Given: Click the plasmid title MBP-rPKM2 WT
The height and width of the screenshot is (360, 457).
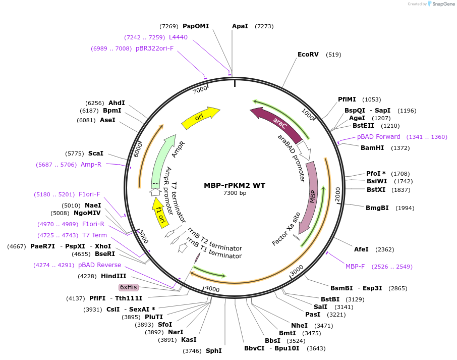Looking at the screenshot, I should point(235,185).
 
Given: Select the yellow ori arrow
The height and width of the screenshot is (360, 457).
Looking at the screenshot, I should point(200,117).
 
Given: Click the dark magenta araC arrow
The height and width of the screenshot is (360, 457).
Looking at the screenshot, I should point(279,122).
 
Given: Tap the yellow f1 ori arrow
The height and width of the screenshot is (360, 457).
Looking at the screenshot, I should point(160,212).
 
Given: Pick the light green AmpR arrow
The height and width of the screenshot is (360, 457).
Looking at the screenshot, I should point(163,161).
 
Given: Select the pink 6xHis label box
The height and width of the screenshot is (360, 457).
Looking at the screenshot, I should point(128,287).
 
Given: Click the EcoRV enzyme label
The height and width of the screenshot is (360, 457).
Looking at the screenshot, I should point(308,55).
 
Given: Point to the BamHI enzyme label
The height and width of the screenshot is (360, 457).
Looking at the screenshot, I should point(372,148).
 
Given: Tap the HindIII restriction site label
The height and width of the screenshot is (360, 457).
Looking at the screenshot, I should point(113,276).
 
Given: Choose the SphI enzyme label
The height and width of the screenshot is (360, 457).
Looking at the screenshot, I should point(213,350).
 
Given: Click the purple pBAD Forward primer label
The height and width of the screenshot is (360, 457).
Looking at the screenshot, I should point(378,137).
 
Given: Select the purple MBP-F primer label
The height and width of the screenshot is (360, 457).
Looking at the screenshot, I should point(356,266).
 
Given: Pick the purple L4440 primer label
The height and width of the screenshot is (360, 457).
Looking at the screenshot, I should point(178,37).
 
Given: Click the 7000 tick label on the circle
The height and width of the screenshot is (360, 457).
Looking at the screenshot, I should point(200,89).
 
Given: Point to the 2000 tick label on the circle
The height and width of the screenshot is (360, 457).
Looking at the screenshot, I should point(337,192).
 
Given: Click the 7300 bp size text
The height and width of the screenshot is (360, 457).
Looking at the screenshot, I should point(235,193).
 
